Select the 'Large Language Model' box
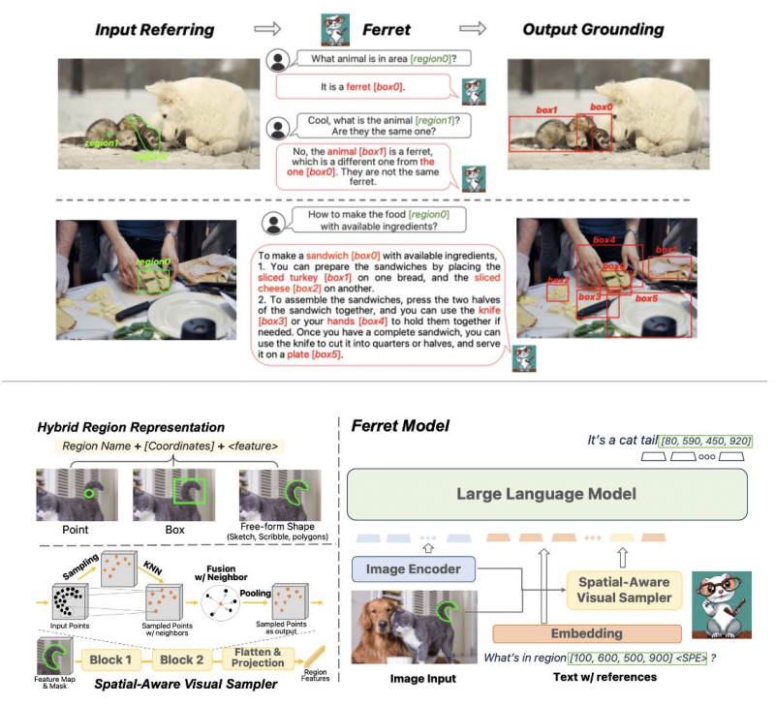[546, 494]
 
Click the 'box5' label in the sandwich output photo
[647, 298]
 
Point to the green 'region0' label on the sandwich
[153, 261]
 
